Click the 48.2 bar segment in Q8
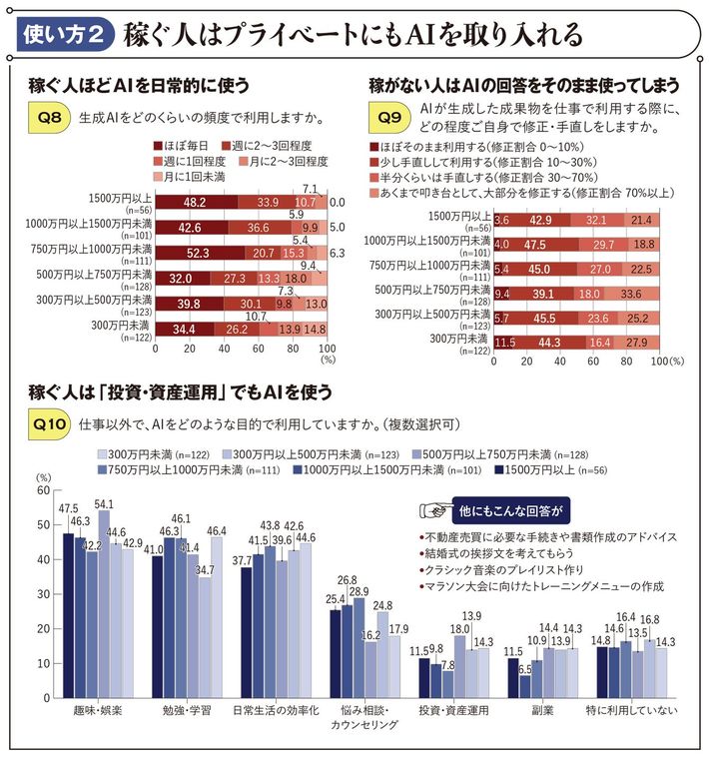point(196,201)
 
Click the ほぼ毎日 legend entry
point(186,145)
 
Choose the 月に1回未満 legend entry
point(191,176)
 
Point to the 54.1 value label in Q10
point(103,504)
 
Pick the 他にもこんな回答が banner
point(507,509)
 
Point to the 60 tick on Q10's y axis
point(41,490)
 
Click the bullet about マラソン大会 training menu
point(539,586)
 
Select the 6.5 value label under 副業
point(524,671)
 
